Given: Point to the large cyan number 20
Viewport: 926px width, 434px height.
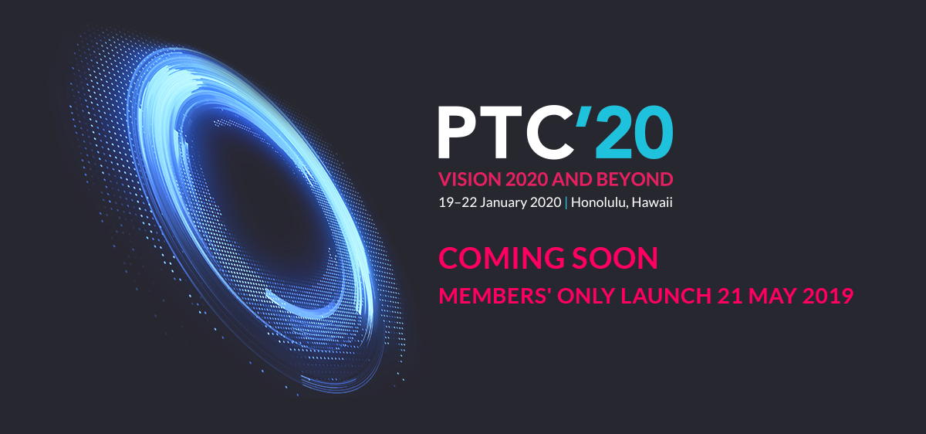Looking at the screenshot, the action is click(x=634, y=132).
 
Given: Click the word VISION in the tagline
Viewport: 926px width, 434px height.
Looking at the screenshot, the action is click(x=470, y=180).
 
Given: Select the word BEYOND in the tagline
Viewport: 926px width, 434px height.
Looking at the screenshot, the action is click(x=634, y=180).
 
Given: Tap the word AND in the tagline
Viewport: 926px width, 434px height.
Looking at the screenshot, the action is click(x=572, y=180).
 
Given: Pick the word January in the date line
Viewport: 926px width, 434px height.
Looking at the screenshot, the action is click(x=503, y=203).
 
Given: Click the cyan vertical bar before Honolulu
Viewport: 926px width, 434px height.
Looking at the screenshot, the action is click(x=566, y=203).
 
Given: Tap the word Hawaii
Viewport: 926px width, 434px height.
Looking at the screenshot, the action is click(x=652, y=202).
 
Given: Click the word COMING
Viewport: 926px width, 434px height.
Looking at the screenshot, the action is click(x=502, y=258).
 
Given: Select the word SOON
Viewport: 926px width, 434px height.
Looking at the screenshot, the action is click(x=615, y=258).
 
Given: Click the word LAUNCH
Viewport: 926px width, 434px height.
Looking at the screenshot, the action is click(x=666, y=296).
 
